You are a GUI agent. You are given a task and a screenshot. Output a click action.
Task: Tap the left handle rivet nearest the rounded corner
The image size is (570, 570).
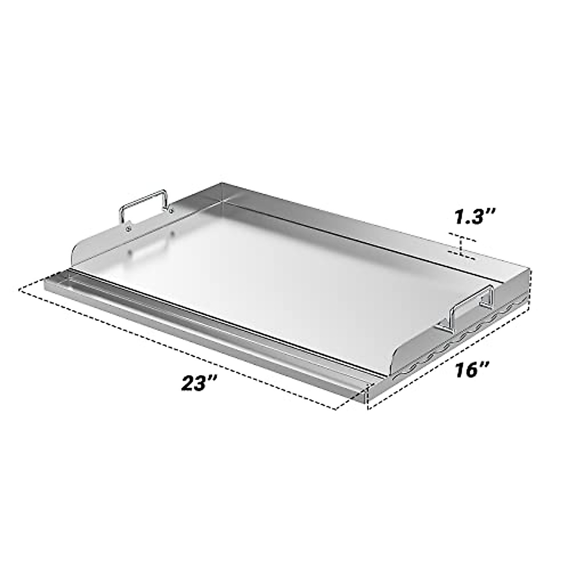(128, 229)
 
